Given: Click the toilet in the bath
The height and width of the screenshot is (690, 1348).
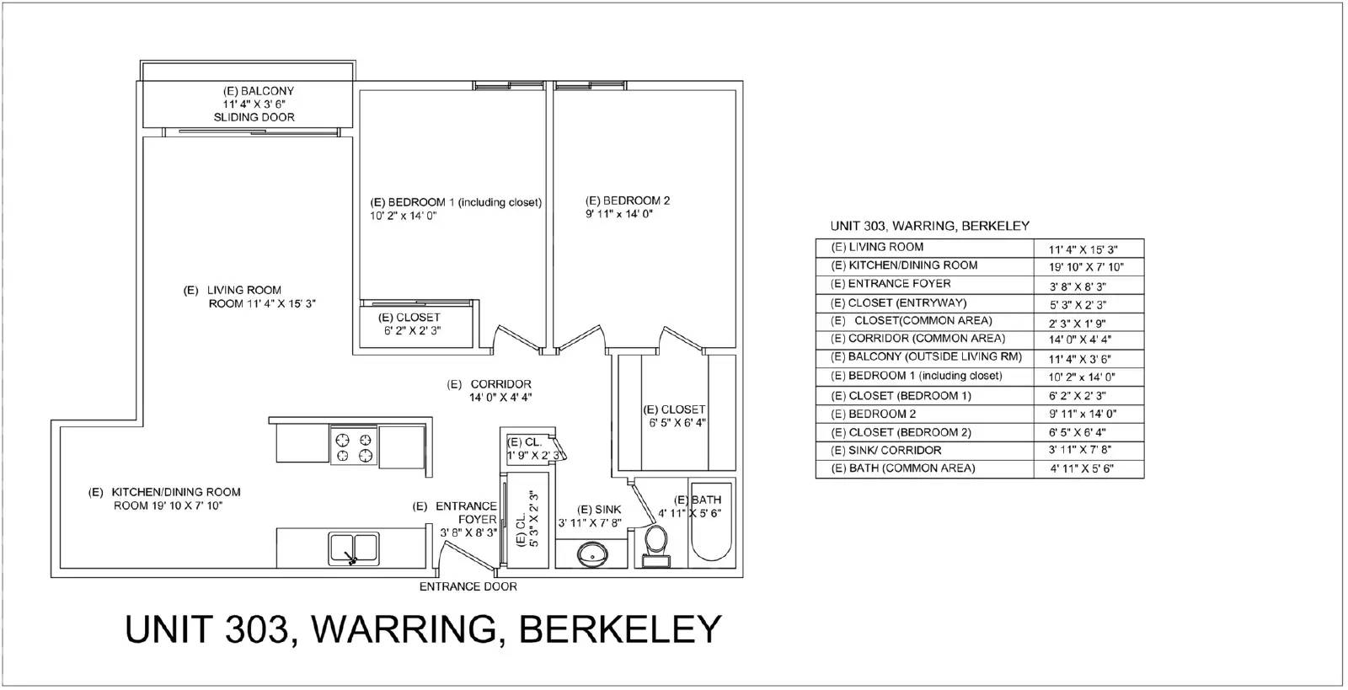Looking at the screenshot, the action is point(655,546).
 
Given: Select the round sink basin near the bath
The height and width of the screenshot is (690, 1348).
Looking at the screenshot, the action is point(591,553).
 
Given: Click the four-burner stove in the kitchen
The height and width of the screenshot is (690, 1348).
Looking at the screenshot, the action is point(354,446).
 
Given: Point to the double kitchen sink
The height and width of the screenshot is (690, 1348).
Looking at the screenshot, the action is point(354,548).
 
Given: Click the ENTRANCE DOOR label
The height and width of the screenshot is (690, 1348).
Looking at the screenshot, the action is point(468,586).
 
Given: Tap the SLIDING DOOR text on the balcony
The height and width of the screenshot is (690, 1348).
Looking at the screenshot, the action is point(254,117).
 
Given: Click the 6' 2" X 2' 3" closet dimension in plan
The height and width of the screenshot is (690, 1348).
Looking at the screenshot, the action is point(413,330).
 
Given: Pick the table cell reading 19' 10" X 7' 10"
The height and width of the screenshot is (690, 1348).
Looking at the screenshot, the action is point(1086,267).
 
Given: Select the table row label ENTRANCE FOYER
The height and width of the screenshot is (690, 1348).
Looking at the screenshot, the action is point(891,283).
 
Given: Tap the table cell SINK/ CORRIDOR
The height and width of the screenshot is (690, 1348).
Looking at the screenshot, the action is point(885,450).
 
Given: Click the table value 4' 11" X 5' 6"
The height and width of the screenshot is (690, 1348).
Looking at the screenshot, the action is point(1082,468).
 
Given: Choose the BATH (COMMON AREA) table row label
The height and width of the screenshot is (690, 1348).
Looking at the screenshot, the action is point(902,468).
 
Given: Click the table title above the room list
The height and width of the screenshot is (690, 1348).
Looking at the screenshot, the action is point(930,226).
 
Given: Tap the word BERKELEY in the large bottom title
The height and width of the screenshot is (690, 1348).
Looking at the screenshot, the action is point(620,629).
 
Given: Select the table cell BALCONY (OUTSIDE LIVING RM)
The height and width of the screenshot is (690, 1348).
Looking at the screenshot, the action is point(926,356).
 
